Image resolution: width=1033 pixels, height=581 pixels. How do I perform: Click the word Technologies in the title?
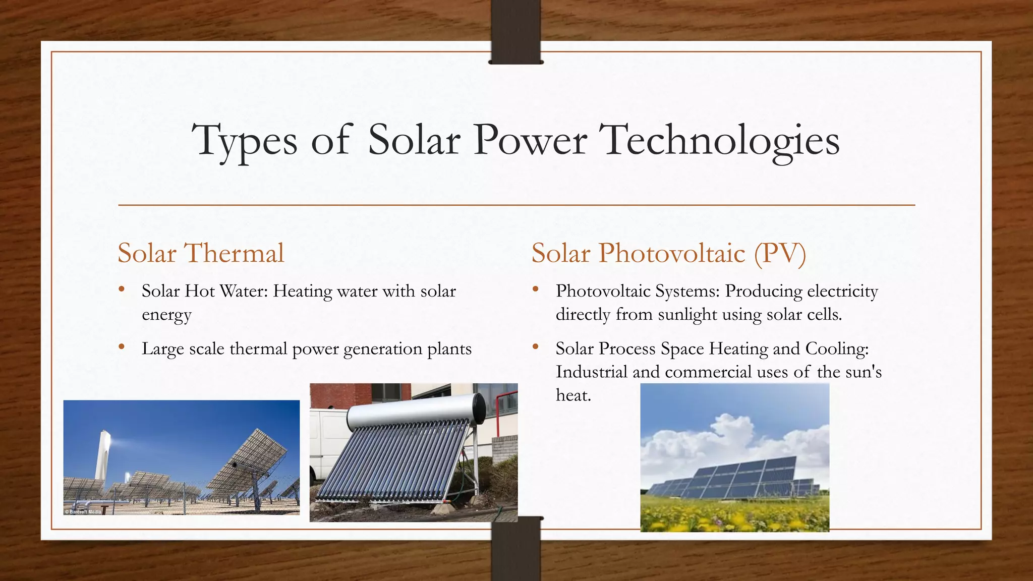721,140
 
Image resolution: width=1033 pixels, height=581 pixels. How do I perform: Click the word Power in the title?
530,140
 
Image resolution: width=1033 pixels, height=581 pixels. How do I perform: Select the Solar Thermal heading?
201,253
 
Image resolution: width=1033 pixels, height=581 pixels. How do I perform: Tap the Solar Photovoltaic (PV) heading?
669,253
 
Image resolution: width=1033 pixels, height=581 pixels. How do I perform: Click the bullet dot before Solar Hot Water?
121,289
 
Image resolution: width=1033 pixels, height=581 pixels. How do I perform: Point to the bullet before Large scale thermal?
121,347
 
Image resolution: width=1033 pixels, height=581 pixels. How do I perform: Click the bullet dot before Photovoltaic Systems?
535,289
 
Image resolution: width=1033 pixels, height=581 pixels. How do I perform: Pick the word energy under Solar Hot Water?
166,315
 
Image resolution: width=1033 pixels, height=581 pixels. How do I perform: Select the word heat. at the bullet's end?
573,395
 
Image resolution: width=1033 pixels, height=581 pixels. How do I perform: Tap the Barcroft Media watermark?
84,511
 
